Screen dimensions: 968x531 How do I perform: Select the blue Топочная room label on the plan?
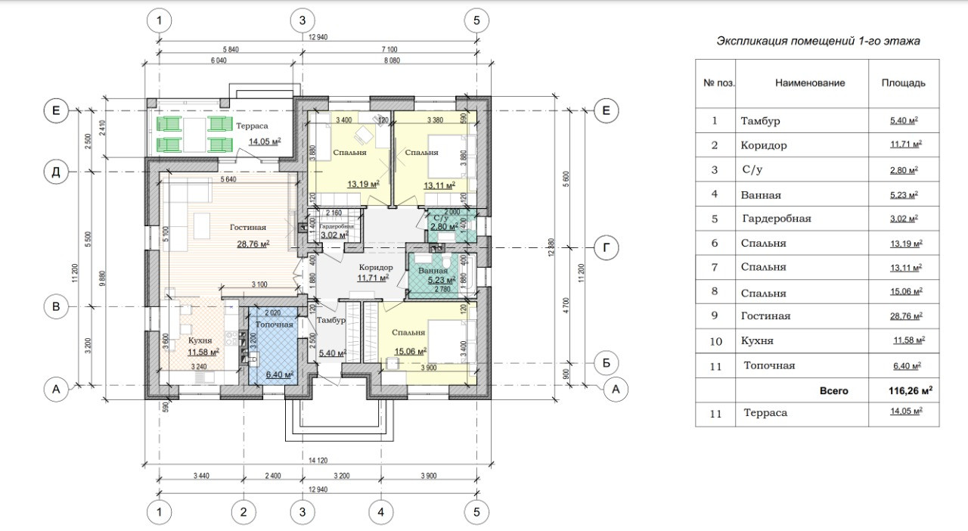point(274,324)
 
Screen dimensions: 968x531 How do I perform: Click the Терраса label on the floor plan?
point(251,126)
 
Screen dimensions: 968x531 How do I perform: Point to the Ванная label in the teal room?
point(433,269)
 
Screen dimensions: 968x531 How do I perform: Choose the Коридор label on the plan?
point(376,268)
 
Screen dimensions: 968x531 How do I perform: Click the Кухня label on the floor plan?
point(200,341)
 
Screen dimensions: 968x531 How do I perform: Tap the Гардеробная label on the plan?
point(336,226)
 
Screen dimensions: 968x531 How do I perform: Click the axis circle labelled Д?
point(55,172)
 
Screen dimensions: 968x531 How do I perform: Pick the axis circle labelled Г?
point(607,247)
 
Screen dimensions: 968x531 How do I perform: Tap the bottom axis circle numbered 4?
point(381,513)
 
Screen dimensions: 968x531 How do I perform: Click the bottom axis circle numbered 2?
point(244,513)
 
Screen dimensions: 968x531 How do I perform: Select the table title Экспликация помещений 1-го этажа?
point(818,42)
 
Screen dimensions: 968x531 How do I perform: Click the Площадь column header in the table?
point(903,83)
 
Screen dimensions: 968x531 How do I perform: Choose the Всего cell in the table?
point(834,391)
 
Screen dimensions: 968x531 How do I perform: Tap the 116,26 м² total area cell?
point(910,391)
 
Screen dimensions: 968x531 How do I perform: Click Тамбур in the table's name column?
point(761,121)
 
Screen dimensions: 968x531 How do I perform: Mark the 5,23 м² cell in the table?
point(904,194)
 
